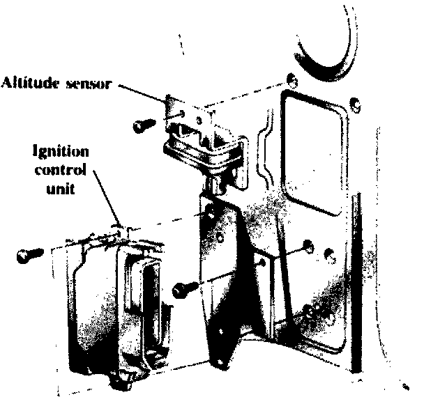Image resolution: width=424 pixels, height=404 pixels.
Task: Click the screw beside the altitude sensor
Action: pyautogui.click(x=142, y=125)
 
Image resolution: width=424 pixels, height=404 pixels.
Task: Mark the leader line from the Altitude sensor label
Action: pyautogui.click(x=143, y=92)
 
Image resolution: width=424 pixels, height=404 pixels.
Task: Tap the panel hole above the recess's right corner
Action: pyautogui.click(x=356, y=106)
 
